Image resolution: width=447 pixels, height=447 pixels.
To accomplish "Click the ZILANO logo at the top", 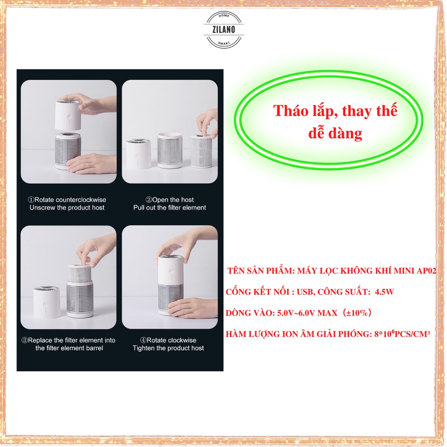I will point(224,29).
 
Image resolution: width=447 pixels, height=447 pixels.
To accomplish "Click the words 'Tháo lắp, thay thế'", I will point(335,111).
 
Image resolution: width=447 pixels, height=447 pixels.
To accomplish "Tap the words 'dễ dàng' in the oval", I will point(335,133).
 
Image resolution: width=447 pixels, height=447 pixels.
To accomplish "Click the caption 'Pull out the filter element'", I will point(169,208).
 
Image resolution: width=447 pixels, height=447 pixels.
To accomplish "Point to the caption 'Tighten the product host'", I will point(168,348).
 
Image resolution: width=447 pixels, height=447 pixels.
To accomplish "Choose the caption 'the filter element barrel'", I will point(69,348).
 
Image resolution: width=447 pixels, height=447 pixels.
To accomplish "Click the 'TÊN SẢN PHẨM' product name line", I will point(332,271).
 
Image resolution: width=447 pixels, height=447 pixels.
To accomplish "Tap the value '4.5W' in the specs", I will point(384,292).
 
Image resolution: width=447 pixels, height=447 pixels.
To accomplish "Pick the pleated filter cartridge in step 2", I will point(201,151).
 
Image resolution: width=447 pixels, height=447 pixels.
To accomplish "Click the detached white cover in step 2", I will point(139,153).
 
